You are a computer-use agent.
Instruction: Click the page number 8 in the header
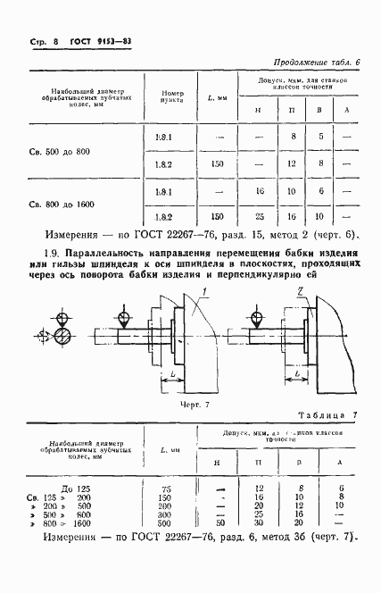(x=54, y=42)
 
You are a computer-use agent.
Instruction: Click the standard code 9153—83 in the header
(x=112, y=42)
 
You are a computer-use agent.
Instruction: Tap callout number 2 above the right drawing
(x=303, y=291)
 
